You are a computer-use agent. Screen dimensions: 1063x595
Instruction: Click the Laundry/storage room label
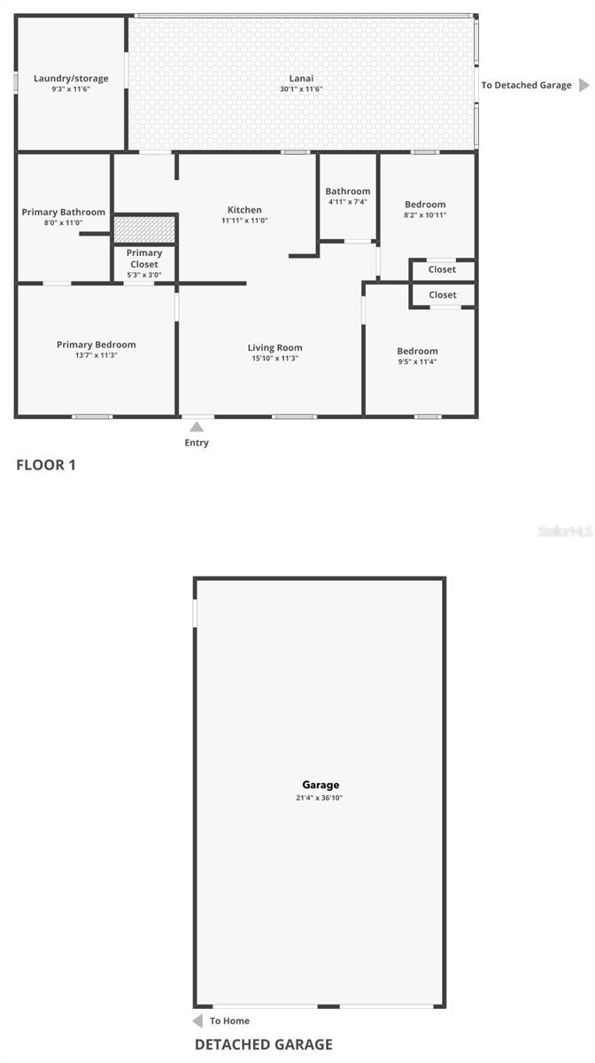[x=71, y=79]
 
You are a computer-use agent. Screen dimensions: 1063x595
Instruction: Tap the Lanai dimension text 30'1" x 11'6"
[x=301, y=89]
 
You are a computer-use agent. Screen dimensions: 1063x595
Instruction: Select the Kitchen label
[x=244, y=210]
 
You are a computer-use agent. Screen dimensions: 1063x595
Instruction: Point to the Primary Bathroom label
[x=64, y=213]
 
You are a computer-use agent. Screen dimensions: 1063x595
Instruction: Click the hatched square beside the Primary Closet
[x=144, y=228]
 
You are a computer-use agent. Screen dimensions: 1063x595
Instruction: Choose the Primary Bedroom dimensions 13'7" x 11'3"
[x=97, y=355]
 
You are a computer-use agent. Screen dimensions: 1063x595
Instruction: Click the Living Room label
[x=275, y=348]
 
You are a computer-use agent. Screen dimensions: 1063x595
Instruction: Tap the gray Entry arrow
[x=197, y=427]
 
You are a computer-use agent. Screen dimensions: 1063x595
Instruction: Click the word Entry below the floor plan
[x=197, y=443]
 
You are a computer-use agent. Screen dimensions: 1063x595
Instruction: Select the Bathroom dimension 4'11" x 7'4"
[x=348, y=202]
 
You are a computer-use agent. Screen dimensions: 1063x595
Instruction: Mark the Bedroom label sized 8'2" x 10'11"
[x=425, y=205]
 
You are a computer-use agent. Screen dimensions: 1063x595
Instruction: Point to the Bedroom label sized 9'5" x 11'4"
[x=417, y=351]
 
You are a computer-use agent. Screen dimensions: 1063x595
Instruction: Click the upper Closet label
[x=443, y=269]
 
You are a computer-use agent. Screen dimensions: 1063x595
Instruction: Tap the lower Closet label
[x=443, y=295]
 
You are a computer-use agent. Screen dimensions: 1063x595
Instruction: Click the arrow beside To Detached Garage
[x=583, y=85]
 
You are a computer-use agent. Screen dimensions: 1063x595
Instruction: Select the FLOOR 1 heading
[x=46, y=464]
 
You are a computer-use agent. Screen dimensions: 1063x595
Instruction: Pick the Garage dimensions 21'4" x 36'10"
[x=320, y=798]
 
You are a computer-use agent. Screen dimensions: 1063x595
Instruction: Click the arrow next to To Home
[x=197, y=1020]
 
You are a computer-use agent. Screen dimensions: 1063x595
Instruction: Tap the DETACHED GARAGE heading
[x=264, y=1044]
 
